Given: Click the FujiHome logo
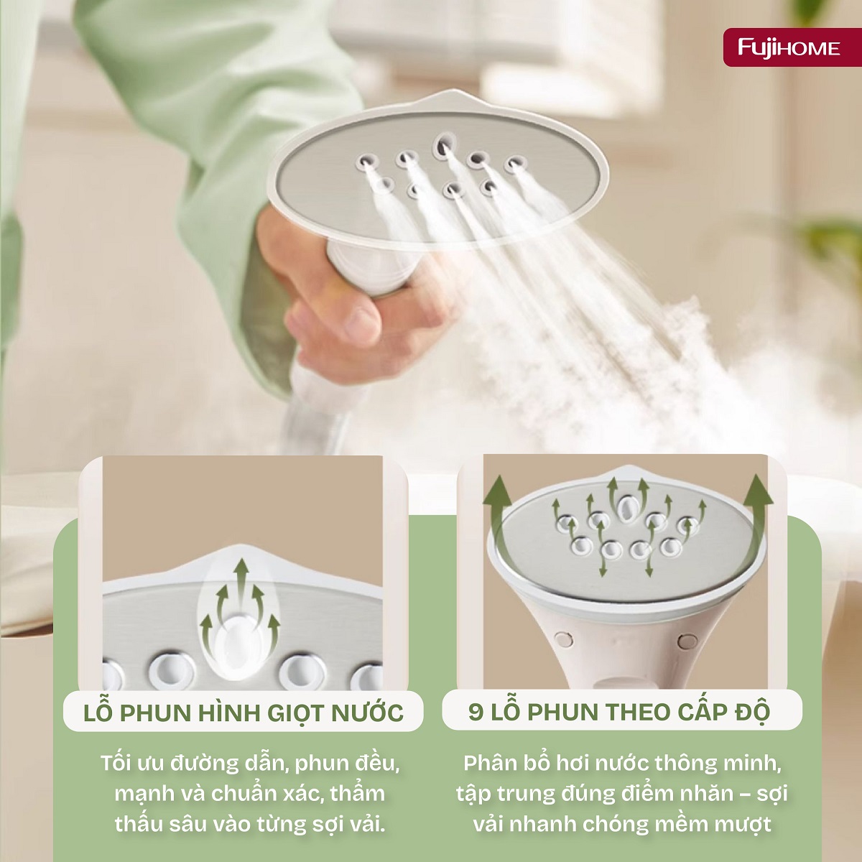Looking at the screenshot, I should [x=789, y=47].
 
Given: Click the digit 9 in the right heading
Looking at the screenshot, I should [x=476, y=712].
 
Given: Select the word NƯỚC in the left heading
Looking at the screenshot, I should [x=367, y=713].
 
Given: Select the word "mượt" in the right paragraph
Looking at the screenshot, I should [x=743, y=823].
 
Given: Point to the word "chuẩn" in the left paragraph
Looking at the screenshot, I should [x=245, y=794].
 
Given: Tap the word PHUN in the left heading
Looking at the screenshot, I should [x=155, y=713].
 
